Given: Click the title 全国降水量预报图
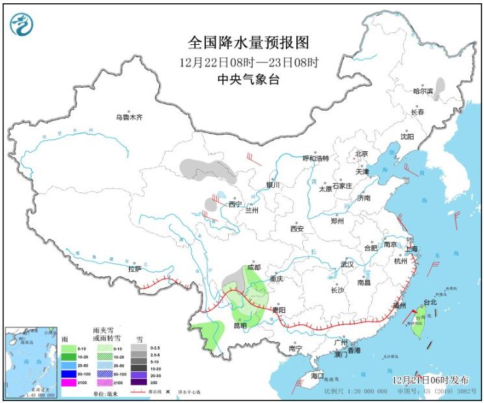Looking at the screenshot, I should [248, 43].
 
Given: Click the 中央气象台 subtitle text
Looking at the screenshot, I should [248, 79].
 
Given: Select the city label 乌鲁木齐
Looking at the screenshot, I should [128, 118].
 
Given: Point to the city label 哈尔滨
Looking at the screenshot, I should [424, 92].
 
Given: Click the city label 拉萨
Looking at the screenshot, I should [134, 268].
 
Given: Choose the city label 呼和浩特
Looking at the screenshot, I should [316, 159].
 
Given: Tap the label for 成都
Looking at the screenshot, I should [253, 267].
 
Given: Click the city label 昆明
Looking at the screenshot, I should [240, 325].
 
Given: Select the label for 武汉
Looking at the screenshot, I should [347, 265].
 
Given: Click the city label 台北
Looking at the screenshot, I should [430, 302].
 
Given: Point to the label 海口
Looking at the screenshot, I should [317, 376].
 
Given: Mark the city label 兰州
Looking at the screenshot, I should [251, 211].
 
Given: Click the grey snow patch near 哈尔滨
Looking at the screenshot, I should [440, 86].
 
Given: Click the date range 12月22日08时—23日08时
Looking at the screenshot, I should [248, 62].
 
